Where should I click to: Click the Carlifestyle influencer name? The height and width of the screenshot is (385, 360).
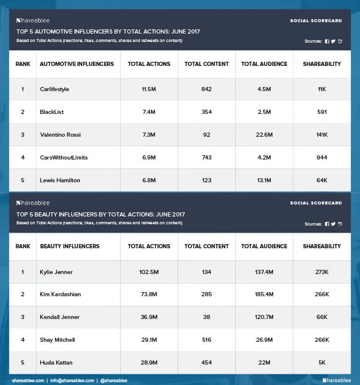point(55,89)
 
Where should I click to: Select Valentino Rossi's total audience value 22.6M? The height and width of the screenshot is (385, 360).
point(264,134)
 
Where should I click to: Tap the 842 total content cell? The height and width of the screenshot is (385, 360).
point(206,89)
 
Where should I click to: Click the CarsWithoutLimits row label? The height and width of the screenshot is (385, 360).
point(64,157)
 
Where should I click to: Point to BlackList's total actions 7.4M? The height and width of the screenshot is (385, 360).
point(148,112)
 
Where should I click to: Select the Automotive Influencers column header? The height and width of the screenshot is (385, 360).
point(77,64)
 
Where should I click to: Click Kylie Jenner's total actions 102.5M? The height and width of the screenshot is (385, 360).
point(148,272)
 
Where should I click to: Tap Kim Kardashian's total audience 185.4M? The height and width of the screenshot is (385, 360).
point(264,294)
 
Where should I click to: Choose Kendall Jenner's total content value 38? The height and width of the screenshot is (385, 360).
point(206,317)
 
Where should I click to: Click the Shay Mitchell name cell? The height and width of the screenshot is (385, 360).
point(58,340)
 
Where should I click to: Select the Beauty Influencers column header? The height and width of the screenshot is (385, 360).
point(70,246)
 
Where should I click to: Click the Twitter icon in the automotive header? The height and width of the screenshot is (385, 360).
point(333,41)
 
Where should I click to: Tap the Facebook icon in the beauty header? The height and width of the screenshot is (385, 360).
point(327,224)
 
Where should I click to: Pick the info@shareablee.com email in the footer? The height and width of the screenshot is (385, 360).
point(71,380)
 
